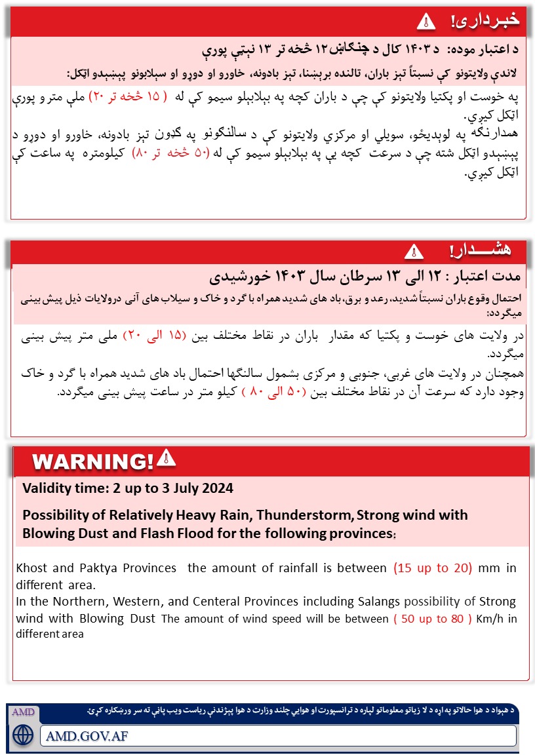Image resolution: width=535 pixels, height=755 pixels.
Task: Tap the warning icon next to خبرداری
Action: point(426,21)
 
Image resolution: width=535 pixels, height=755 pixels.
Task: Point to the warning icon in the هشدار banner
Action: point(413,251)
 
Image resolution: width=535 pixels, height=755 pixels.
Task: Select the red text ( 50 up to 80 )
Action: point(433,619)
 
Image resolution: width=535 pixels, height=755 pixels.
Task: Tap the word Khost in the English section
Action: point(33,568)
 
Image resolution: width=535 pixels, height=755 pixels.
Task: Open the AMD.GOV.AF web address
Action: point(88,735)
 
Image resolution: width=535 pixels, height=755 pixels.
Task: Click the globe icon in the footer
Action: point(22,733)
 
